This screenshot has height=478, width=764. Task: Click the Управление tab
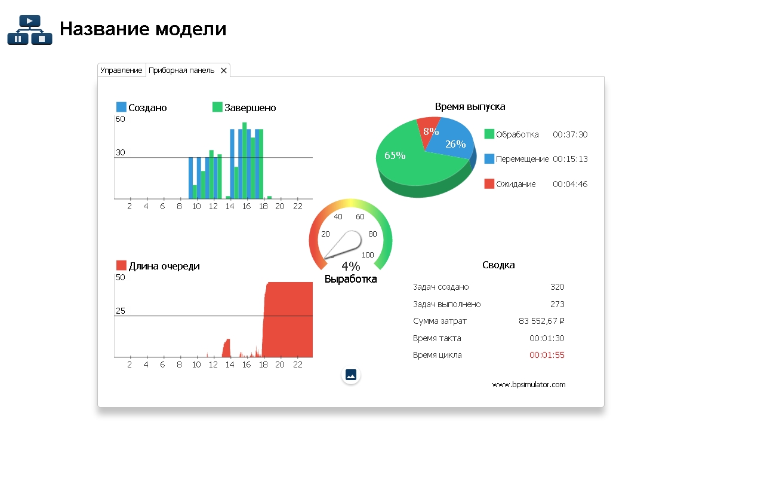pos(121,71)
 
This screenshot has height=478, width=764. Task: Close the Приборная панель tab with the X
pos(224,71)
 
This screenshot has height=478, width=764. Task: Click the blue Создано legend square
pos(121,107)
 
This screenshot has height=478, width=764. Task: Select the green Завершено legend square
pos(217,107)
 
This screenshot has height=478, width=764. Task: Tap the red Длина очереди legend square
pos(121,265)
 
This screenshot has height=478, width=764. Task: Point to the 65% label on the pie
pos(395,155)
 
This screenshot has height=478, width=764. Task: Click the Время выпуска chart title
pos(470,107)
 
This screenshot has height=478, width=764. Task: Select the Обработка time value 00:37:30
pos(569,134)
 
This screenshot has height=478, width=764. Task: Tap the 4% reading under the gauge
pos(350,266)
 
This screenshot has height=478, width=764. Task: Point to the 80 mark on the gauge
pos(372,234)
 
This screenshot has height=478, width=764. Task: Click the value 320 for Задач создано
pos(557,287)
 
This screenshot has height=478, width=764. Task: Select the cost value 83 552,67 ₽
pos(541,321)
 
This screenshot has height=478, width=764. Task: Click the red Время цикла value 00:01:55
pos(547,355)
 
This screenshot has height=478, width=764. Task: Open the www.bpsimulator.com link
pos(528,384)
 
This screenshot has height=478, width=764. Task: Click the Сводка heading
pos(498,265)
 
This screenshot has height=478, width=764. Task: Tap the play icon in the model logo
pos(29,22)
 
